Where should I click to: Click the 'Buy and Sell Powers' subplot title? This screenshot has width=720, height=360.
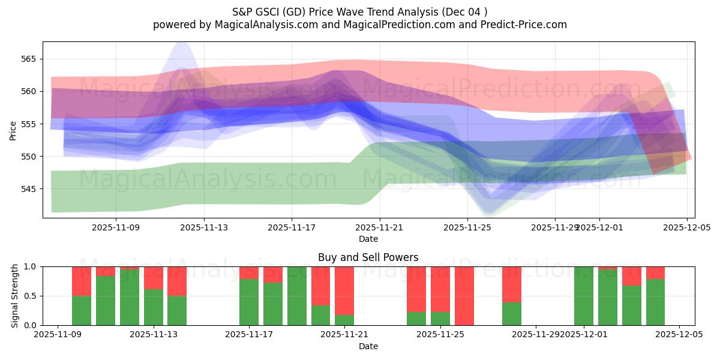point(368,258)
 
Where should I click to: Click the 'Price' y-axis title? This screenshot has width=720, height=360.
point(13,130)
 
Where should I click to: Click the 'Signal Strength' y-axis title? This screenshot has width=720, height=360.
point(15,296)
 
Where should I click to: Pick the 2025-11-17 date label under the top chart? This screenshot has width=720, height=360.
point(292,227)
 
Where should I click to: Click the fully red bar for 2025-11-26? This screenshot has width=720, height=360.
point(464,296)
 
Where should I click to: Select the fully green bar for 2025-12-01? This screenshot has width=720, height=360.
point(584,296)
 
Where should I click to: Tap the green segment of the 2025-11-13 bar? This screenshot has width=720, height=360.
point(153,307)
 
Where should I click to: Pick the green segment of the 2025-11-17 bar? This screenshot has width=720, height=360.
point(249,302)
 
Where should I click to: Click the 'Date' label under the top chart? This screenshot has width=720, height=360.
point(368,239)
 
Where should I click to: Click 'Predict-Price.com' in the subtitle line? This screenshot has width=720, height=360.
point(521,25)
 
